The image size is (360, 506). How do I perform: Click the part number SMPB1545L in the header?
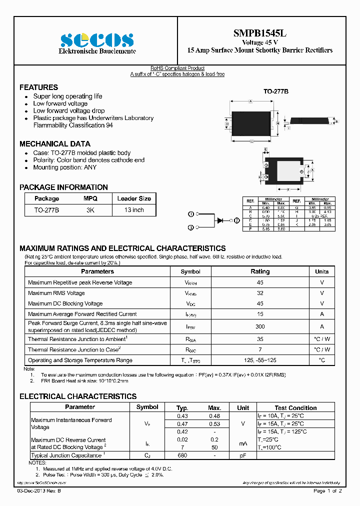click(x=259, y=33)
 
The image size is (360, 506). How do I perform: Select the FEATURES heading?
click(x=38, y=87)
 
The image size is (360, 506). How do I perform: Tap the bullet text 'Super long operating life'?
click(x=67, y=96)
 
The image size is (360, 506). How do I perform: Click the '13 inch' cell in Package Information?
click(x=134, y=210)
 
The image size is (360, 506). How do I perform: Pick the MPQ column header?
click(x=90, y=198)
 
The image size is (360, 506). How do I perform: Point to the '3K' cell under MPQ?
click(x=90, y=210)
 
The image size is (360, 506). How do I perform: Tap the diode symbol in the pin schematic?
click(x=219, y=220)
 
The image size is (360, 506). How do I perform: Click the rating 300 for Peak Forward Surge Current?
click(x=259, y=326)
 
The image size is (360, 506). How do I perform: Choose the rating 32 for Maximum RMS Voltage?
click(x=259, y=293)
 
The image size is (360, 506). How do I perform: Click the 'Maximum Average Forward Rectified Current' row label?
click(x=82, y=314)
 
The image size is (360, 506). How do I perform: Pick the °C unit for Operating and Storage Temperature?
click(x=321, y=360)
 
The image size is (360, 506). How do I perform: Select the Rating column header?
click(x=259, y=271)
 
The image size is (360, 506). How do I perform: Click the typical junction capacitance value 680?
click(x=182, y=455)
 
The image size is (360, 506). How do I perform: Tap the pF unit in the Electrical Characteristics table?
click(x=243, y=455)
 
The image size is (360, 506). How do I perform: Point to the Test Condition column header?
click(x=295, y=408)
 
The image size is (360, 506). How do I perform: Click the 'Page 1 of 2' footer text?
click(x=327, y=491)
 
